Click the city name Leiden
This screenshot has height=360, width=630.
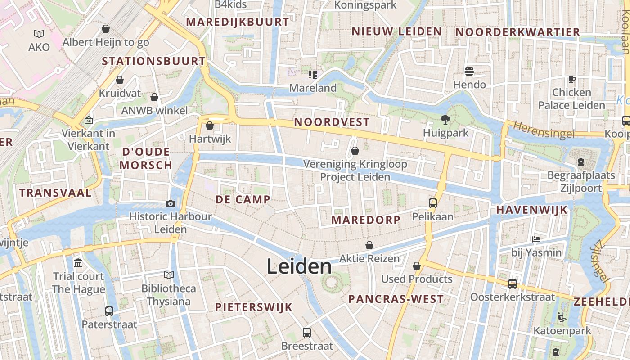point(299,266)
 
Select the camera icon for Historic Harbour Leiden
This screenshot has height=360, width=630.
point(170,203)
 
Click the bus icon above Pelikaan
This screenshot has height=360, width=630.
point(432,203)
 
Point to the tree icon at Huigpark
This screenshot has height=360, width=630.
point(445,119)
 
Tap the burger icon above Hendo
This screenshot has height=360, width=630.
point(469,72)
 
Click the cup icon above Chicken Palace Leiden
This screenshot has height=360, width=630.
point(571,79)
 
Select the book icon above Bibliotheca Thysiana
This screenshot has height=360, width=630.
point(169,275)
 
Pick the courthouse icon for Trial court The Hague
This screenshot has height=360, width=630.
point(78,263)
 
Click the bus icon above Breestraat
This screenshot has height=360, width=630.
point(307,333)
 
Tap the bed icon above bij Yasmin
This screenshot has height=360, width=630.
point(536,239)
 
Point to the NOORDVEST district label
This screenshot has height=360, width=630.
point(332,122)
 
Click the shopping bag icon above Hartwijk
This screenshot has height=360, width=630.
point(209,126)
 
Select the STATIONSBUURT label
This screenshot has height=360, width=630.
point(153,61)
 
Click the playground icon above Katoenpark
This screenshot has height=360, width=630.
point(562,317)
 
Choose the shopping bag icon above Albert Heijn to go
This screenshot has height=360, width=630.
point(106,29)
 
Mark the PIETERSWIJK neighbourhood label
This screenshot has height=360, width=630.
point(254,307)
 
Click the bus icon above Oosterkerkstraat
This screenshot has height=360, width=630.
point(512,283)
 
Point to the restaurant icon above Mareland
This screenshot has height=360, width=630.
point(312,74)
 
